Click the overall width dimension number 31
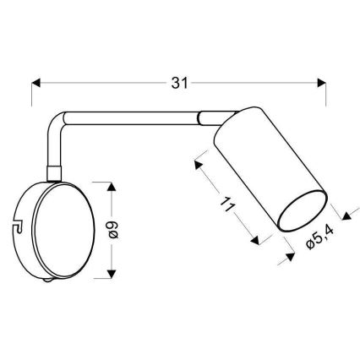coord(177,83)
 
